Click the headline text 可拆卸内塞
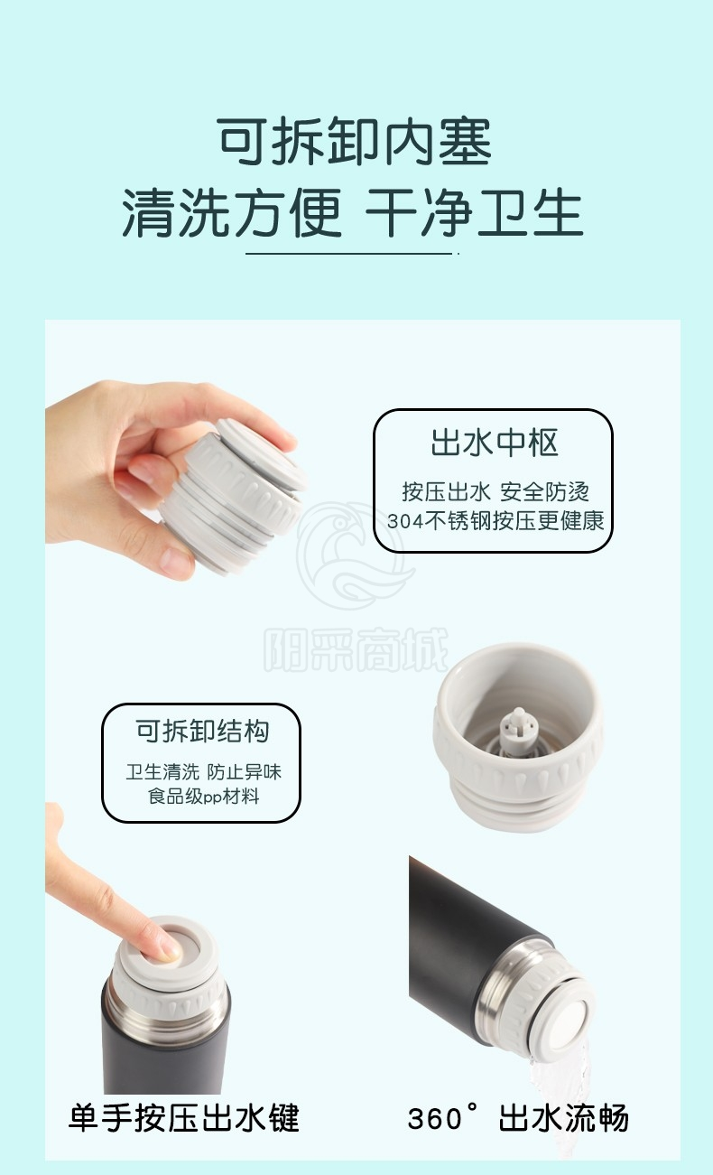(355, 141)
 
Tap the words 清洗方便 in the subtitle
(232, 212)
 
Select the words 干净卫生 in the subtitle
(474, 212)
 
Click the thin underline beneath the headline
(349, 254)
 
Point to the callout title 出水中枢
(495, 443)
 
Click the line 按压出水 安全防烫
(495, 491)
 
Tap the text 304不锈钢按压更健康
(495, 520)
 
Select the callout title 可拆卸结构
(202, 731)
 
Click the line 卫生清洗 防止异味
(203, 771)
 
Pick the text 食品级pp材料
(203, 797)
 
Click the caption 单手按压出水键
(183, 1117)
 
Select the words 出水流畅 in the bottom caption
(563, 1117)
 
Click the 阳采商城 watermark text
(356, 650)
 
